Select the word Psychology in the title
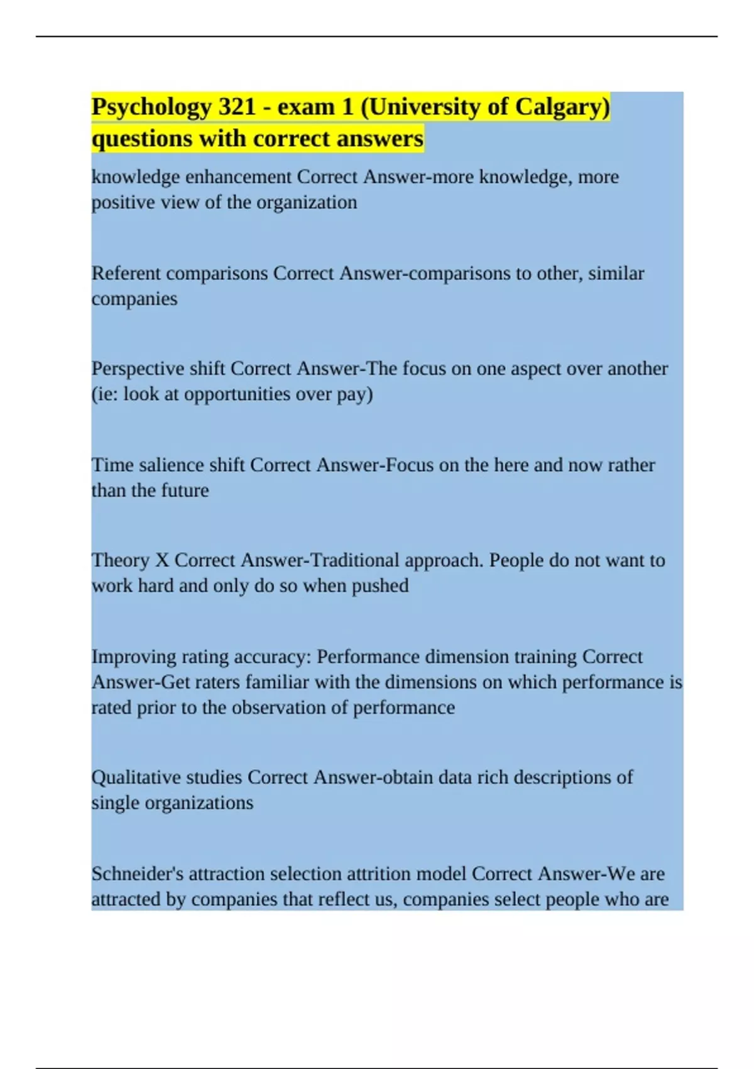151,107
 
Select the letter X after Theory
162,560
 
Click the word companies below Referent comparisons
134,299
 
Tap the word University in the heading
425,107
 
